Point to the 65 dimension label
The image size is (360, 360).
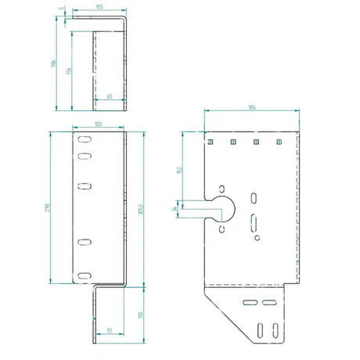[110, 95]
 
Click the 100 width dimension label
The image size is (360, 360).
[99, 125]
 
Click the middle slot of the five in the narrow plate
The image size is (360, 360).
[83, 186]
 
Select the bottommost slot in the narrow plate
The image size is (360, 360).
[83, 275]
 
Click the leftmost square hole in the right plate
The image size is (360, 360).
[211, 142]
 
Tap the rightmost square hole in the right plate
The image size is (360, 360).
[278, 142]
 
